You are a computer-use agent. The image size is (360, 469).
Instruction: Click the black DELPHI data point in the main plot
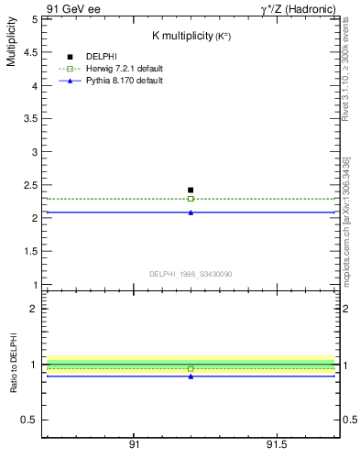tap(191, 190)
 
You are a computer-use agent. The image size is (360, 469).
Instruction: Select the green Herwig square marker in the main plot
tap(191, 199)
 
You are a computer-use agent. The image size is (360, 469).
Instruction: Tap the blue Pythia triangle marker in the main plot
tap(191, 213)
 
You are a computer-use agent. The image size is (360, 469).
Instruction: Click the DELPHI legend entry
tap(102, 57)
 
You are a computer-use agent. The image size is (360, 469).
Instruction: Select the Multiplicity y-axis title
tap(11, 46)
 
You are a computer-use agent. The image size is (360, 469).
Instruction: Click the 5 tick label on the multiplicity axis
tap(33, 19)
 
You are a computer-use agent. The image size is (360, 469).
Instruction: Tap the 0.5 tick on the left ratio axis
tap(29, 420)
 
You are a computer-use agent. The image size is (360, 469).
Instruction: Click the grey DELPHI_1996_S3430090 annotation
tap(191, 273)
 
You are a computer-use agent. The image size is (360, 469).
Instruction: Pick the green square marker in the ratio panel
tap(191, 369)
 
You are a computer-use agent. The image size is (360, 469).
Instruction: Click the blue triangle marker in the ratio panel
tap(191, 376)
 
